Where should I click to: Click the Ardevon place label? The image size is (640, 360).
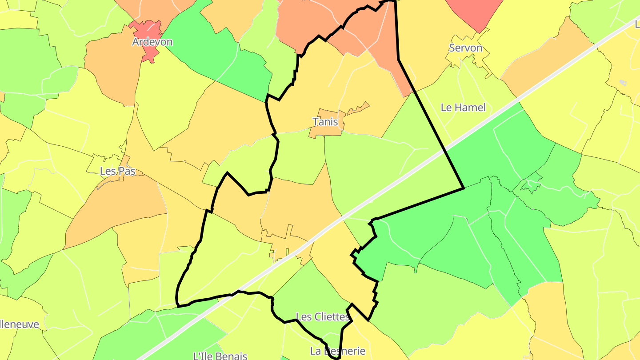[x=152, y=42]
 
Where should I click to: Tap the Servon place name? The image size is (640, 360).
[x=465, y=48]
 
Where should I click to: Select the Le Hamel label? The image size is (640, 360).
[x=463, y=107]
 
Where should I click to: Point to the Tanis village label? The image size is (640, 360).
[x=325, y=122]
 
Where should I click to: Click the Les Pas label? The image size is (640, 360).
[x=117, y=171]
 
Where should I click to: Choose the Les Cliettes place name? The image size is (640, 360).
[x=323, y=317]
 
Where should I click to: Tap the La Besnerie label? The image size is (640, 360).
[x=338, y=351]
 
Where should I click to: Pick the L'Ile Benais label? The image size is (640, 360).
[x=220, y=356]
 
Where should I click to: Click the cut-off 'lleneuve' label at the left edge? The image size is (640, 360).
[x=20, y=324]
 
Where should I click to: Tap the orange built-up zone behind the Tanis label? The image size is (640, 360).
[x=327, y=129]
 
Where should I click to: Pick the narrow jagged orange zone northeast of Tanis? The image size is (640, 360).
[x=359, y=108]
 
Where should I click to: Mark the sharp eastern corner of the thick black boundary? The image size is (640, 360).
[x=464, y=188]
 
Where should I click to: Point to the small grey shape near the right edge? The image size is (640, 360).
[x=623, y=83]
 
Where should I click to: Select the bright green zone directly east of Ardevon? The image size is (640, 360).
[x=218, y=53]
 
